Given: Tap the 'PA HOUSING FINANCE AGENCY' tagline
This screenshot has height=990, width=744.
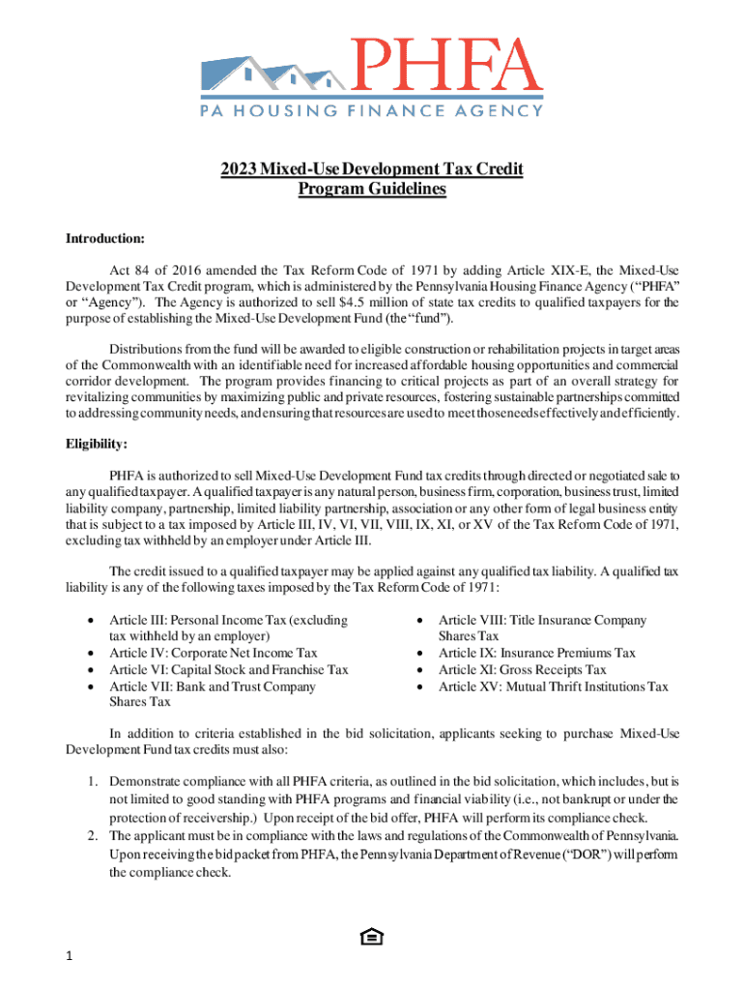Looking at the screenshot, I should coord(371,110).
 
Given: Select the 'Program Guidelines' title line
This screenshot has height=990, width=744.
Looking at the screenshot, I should coord(372,189).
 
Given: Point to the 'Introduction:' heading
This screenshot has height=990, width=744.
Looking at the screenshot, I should coord(104,238).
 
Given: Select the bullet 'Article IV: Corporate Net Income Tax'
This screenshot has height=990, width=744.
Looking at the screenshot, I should coord(213,653).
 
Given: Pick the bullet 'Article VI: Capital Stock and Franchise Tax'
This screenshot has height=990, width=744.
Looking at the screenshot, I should coord(228,670).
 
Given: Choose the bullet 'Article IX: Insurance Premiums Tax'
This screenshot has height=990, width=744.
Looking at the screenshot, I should coord(536,653).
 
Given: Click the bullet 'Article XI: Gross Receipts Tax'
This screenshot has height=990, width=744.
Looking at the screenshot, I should coord(522,670).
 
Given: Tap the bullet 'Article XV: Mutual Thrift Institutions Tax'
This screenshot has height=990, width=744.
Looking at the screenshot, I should coord(553,686).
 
